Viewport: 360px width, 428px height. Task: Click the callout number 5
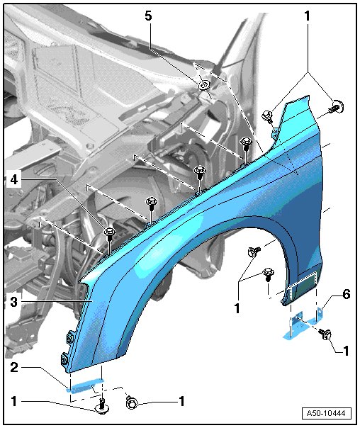[x=148, y=16]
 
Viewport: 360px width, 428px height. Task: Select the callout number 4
[x=14, y=179]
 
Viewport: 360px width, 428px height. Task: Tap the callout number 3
[x=14, y=302]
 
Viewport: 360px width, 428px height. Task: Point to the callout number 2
[x=14, y=367]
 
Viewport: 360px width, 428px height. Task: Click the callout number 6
[x=347, y=294]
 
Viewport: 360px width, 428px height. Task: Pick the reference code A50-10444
[x=326, y=413]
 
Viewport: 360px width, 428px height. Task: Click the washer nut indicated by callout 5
[x=204, y=85]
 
